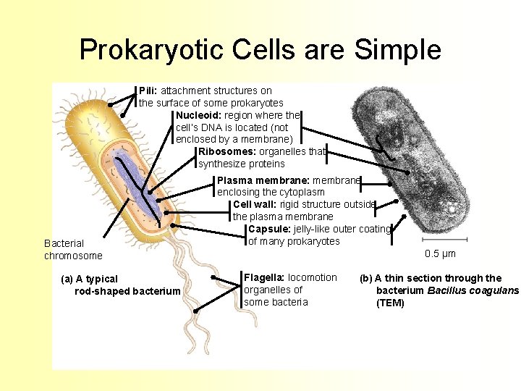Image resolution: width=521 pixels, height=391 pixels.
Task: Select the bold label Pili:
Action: [x=148, y=91]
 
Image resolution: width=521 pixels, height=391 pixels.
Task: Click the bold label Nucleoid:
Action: [x=199, y=115]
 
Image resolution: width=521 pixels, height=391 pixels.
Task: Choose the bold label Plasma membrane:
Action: [x=263, y=180]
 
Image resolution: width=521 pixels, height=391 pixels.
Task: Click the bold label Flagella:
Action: [x=265, y=277]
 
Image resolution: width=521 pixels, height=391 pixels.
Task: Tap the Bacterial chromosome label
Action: [x=73, y=249]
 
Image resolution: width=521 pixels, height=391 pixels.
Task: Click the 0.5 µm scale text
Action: [x=440, y=254]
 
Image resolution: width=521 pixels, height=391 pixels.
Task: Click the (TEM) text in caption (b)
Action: [x=390, y=303]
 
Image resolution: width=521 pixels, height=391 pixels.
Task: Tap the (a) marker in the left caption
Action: [x=69, y=279]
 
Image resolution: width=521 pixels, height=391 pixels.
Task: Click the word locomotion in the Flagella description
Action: [x=313, y=277]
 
